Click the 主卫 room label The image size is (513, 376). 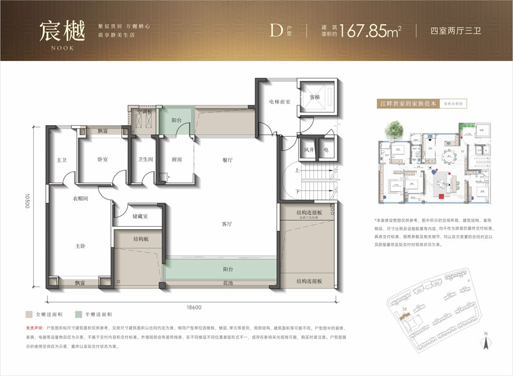(x=61, y=160)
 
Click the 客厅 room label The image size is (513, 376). (x=227, y=224)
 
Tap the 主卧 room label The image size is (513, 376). (x=80, y=245)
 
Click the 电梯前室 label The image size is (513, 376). (x=280, y=102)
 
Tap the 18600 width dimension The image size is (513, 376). (x=194, y=308)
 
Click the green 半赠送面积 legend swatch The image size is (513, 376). (x=79, y=315)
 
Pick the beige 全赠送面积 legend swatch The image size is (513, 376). (x=29, y=315)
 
